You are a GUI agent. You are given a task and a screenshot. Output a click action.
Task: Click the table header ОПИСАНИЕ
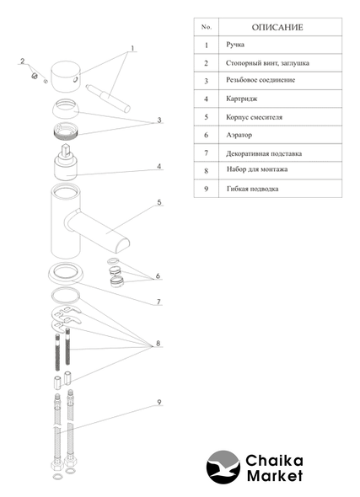tap(277, 27)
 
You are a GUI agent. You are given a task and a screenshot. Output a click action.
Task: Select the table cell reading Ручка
tap(235, 45)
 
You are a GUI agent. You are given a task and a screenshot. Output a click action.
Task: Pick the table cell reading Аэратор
tap(239, 135)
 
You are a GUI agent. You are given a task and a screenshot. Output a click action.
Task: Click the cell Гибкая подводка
tap(252, 189)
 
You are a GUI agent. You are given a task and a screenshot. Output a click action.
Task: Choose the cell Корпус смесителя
tap(254, 117)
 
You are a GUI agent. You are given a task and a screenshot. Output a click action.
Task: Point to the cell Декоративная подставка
tap(264, 153)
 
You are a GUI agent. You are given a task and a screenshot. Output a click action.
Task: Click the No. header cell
tap(207, 27)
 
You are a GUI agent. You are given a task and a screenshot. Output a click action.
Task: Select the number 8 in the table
tap(207, 171)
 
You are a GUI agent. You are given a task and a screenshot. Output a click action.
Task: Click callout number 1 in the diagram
tap(132, 48)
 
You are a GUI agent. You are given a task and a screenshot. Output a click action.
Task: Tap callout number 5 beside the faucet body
tap(159, 202)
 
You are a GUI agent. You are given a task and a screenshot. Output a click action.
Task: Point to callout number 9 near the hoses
tap(159, 402)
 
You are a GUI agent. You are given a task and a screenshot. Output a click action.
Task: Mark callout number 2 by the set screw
tap(23, 61)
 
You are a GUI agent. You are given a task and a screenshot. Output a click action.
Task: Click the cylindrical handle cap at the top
tap(66, 77)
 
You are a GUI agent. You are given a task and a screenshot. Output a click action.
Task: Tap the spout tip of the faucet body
tap(122, 246)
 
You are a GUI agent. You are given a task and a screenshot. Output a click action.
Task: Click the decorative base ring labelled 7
tap(66, 274)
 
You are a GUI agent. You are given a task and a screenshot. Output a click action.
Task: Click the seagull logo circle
tap(223, 467)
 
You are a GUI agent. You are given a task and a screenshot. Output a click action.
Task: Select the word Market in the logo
tap(275, 476)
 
